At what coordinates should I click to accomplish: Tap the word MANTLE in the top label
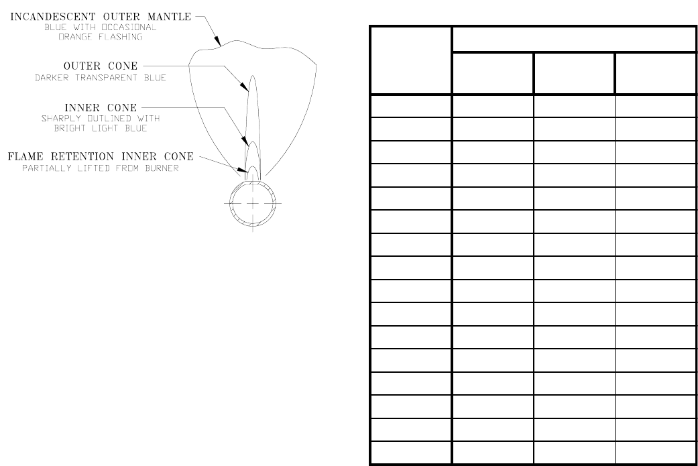pos(172,17)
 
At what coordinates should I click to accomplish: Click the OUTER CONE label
pos(100,66)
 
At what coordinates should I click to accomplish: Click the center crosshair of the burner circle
pos(252,202)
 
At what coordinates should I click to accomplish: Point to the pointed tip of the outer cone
pos(253,76)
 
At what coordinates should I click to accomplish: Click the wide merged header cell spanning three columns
pos(574,40)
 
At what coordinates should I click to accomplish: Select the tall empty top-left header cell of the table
pos(410,60)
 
